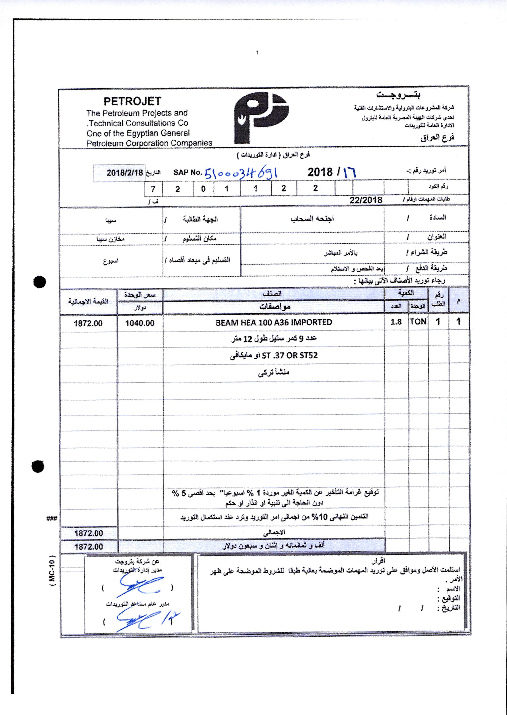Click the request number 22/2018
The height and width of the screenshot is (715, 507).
tap(366, 200)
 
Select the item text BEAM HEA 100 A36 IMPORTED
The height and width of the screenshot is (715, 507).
tap(274, 322)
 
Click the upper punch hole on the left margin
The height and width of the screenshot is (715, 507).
tap(39, 282)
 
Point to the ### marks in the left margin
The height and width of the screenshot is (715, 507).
tap(51, 519)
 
